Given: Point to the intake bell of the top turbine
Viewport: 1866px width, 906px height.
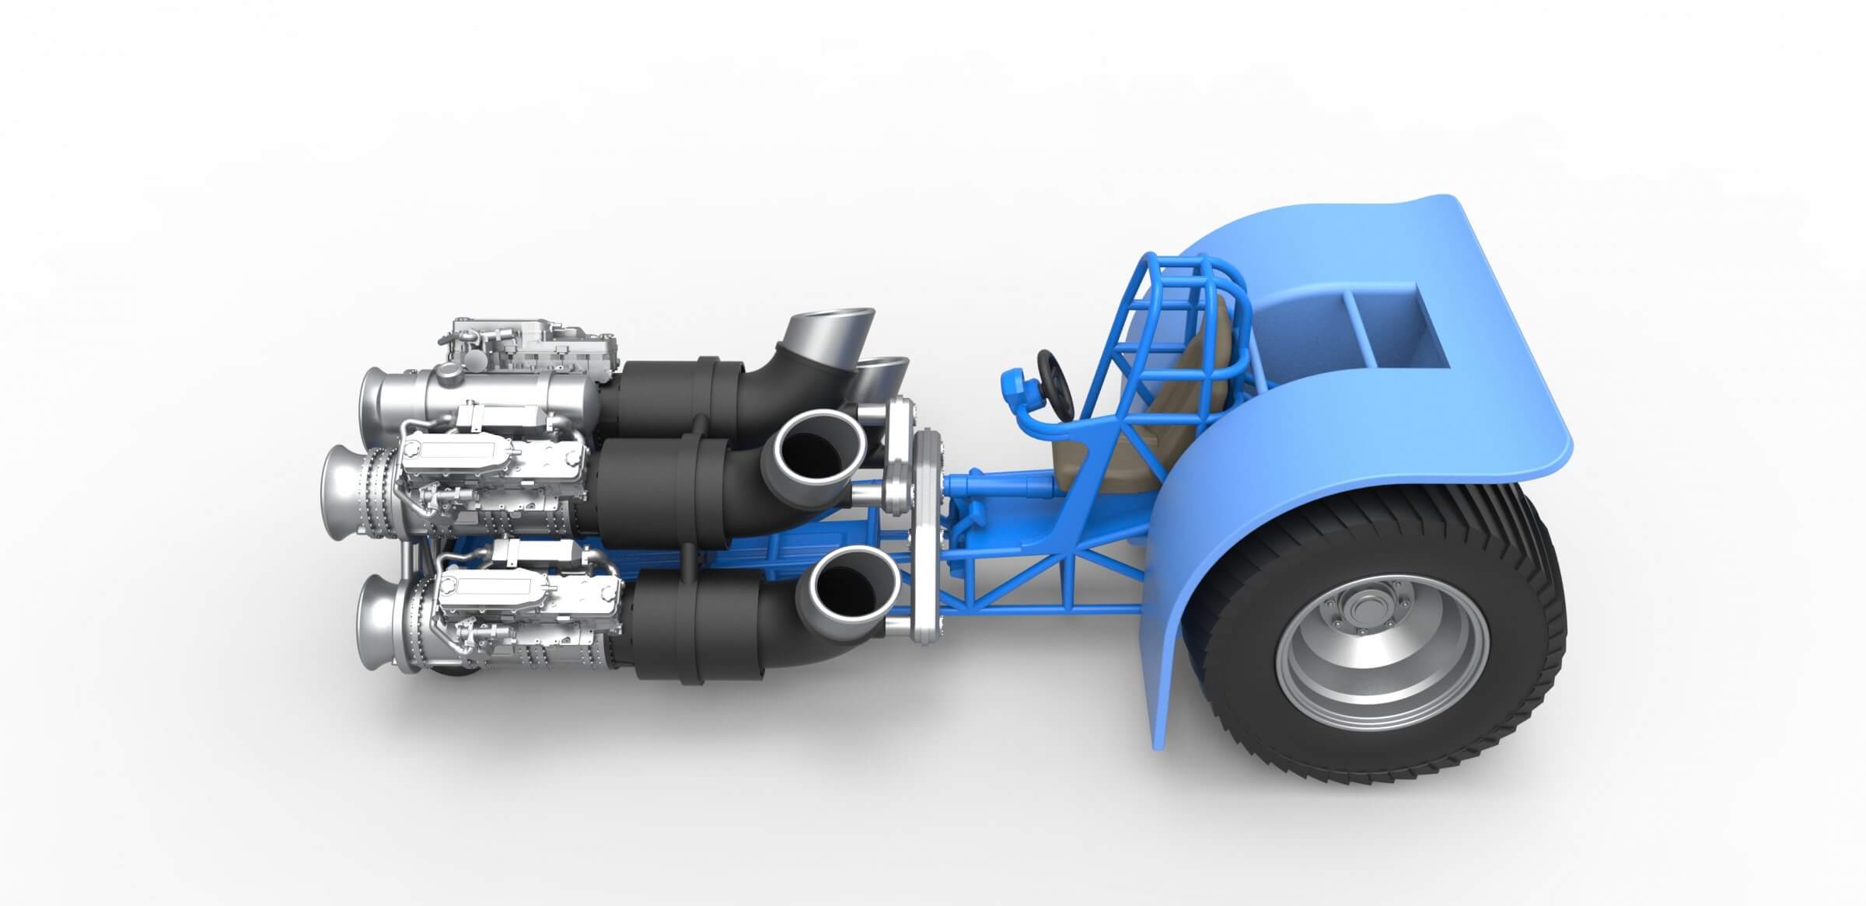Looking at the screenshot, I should click(x=378, y=401).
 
